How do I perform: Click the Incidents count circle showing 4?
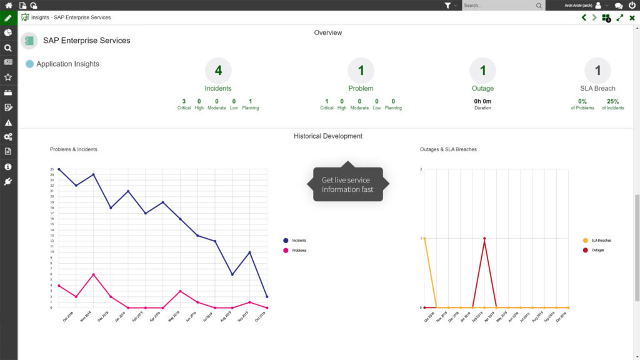coord(218,71)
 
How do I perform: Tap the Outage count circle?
coord(482,71)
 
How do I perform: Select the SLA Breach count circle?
coord(597,71)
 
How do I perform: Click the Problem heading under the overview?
coord(361,89)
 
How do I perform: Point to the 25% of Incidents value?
coord(612,101)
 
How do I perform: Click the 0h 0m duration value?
coord(482,101)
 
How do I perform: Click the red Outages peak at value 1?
coord(484,238)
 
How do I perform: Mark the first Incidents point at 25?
coord(59,169)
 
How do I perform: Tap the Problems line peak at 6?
coord(94,274)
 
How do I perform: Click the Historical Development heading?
coord(328,136)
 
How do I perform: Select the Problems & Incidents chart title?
coord(74,149)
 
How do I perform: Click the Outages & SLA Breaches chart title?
coord(448,149)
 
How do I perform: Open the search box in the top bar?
coord(500,6)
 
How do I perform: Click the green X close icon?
coord(632,17)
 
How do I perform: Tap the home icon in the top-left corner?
coord(8,5)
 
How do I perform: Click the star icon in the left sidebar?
coord(8,77)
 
